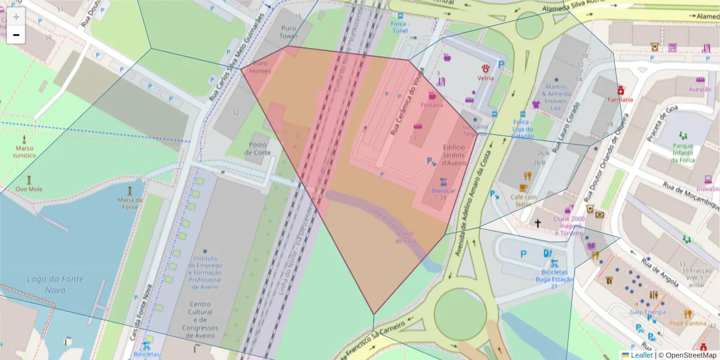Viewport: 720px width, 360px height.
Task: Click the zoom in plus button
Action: pyautogui.click(x=16, y=17)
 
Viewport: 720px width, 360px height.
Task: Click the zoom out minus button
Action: pyautogui.click(x=16, y=35)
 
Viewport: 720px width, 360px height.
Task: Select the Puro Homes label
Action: pyautogui.click(x=260, y=67)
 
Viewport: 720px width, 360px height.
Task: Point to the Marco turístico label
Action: pyautogui.click(x=25, y=152)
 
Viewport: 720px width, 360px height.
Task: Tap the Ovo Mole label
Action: pyautogui.click(x=29, y=188)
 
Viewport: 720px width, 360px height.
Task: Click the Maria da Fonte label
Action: pyautogui.click(x=130, y=203)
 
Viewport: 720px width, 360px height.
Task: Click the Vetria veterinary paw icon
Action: pyautogui.click(x=485, y=68)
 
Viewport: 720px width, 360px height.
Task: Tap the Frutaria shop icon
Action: pyautogui.click(x=431, y=95)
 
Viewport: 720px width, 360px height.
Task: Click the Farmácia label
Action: pyautogui.click(x=620, y=99)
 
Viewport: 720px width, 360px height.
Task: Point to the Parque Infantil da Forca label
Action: pyautogui.click(x=683, y=153)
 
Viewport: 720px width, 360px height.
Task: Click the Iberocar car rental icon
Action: pyautogui.click(x=443, y=181)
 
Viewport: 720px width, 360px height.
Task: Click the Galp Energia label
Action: pyautogui.click(x=648, y=312)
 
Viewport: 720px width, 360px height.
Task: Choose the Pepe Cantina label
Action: pyautogui.click(x=688, y=323)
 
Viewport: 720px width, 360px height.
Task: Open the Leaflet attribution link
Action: pyautogui.click(x=641, y=355)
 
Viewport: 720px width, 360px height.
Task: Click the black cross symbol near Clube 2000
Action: pyautogui.click(x=538, y=224)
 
